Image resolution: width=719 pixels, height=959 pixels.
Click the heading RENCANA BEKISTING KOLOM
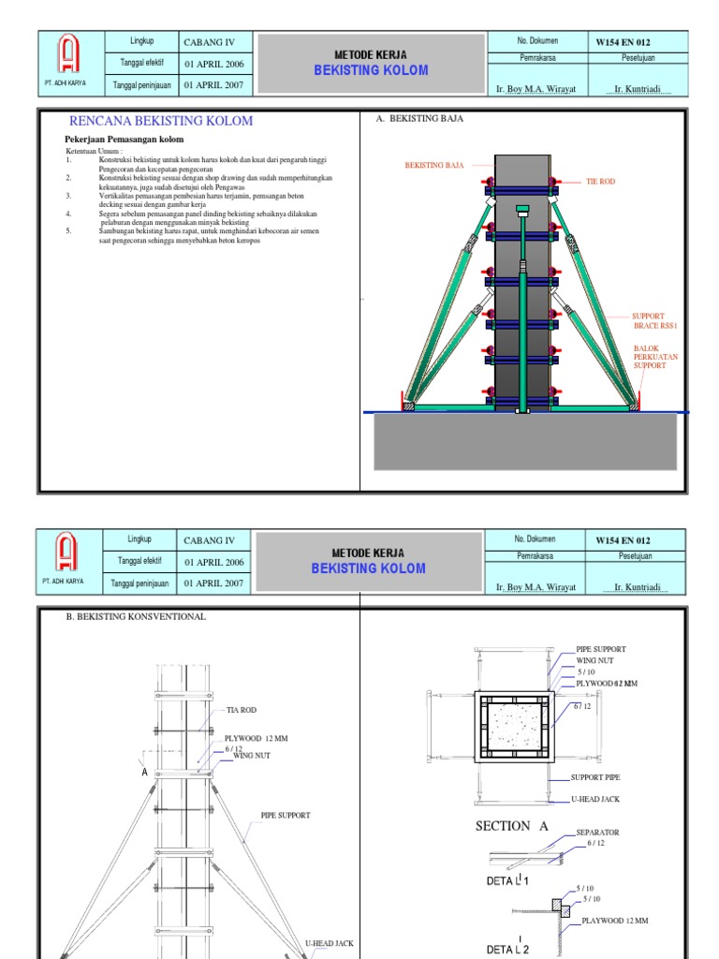161,121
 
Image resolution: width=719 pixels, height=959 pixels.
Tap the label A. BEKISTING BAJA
419,119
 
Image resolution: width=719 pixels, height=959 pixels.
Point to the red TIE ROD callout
600,181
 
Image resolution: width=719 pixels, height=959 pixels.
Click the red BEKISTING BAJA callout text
434,165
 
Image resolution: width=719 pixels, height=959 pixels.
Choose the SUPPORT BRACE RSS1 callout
654,320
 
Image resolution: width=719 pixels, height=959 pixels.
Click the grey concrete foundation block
525,442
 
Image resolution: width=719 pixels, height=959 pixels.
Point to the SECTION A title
511,825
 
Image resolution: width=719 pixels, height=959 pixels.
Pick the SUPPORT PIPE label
595,777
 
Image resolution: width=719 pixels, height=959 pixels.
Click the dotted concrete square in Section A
513,722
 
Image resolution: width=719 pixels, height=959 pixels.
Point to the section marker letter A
145,772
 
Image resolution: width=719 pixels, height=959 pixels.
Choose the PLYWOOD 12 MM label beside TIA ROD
256,738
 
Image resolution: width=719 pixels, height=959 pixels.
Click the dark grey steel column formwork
521,281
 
